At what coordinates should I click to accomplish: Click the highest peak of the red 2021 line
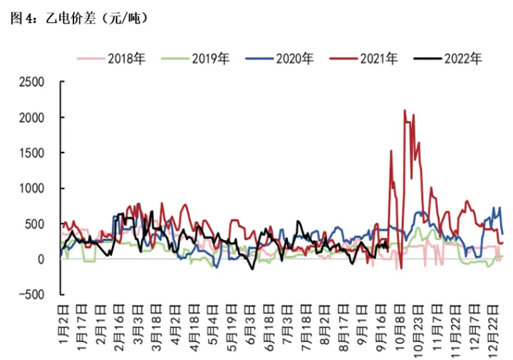(x=405, y=110)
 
